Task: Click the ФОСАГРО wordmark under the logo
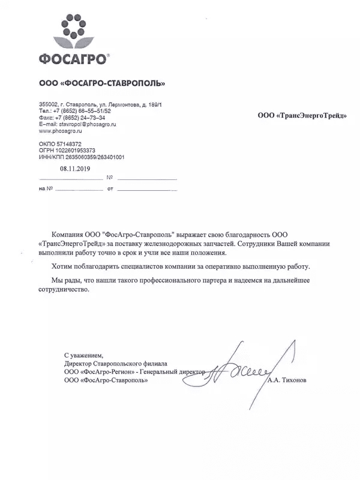point(73,59)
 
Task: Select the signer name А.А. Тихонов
point(291,380)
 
